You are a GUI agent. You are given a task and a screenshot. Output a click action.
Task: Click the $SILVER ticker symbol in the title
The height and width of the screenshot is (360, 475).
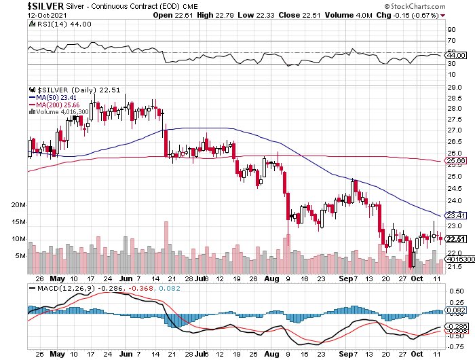[45, 5]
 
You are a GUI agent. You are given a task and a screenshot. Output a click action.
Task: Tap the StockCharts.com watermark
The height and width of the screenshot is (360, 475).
[415, 6]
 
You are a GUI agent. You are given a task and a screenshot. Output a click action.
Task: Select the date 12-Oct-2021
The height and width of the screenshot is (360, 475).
[47, 15]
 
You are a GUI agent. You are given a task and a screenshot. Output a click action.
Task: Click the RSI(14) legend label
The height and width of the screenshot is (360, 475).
[52, 24]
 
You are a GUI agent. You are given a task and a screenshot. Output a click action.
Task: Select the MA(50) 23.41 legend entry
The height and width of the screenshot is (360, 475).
[53, 97]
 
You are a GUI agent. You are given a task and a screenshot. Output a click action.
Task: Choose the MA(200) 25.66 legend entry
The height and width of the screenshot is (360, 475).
[54, 105]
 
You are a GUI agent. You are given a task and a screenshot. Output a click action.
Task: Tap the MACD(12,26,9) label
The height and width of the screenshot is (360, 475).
[66, 288]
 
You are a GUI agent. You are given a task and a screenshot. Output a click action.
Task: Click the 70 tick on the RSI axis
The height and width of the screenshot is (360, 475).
[451, 41]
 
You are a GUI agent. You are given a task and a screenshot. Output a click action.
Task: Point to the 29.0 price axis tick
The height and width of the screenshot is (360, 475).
[455, 88]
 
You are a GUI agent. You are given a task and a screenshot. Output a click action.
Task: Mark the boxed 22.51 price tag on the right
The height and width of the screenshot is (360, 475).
[456, 239]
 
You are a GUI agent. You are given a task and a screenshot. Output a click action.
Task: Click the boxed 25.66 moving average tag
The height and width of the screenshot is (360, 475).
[456, 160]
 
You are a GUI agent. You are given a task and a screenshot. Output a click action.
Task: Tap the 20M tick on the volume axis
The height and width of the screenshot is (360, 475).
[18, 205]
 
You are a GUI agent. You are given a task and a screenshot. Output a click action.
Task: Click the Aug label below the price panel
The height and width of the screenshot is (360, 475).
[271, 278]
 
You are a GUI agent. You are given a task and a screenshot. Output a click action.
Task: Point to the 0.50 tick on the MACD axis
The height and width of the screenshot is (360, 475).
[457, 291]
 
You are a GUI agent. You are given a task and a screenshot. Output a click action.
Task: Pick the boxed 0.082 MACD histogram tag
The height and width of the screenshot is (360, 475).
[456, 310]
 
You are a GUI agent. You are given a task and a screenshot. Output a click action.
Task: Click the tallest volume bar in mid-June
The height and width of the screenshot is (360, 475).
[166, 247]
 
